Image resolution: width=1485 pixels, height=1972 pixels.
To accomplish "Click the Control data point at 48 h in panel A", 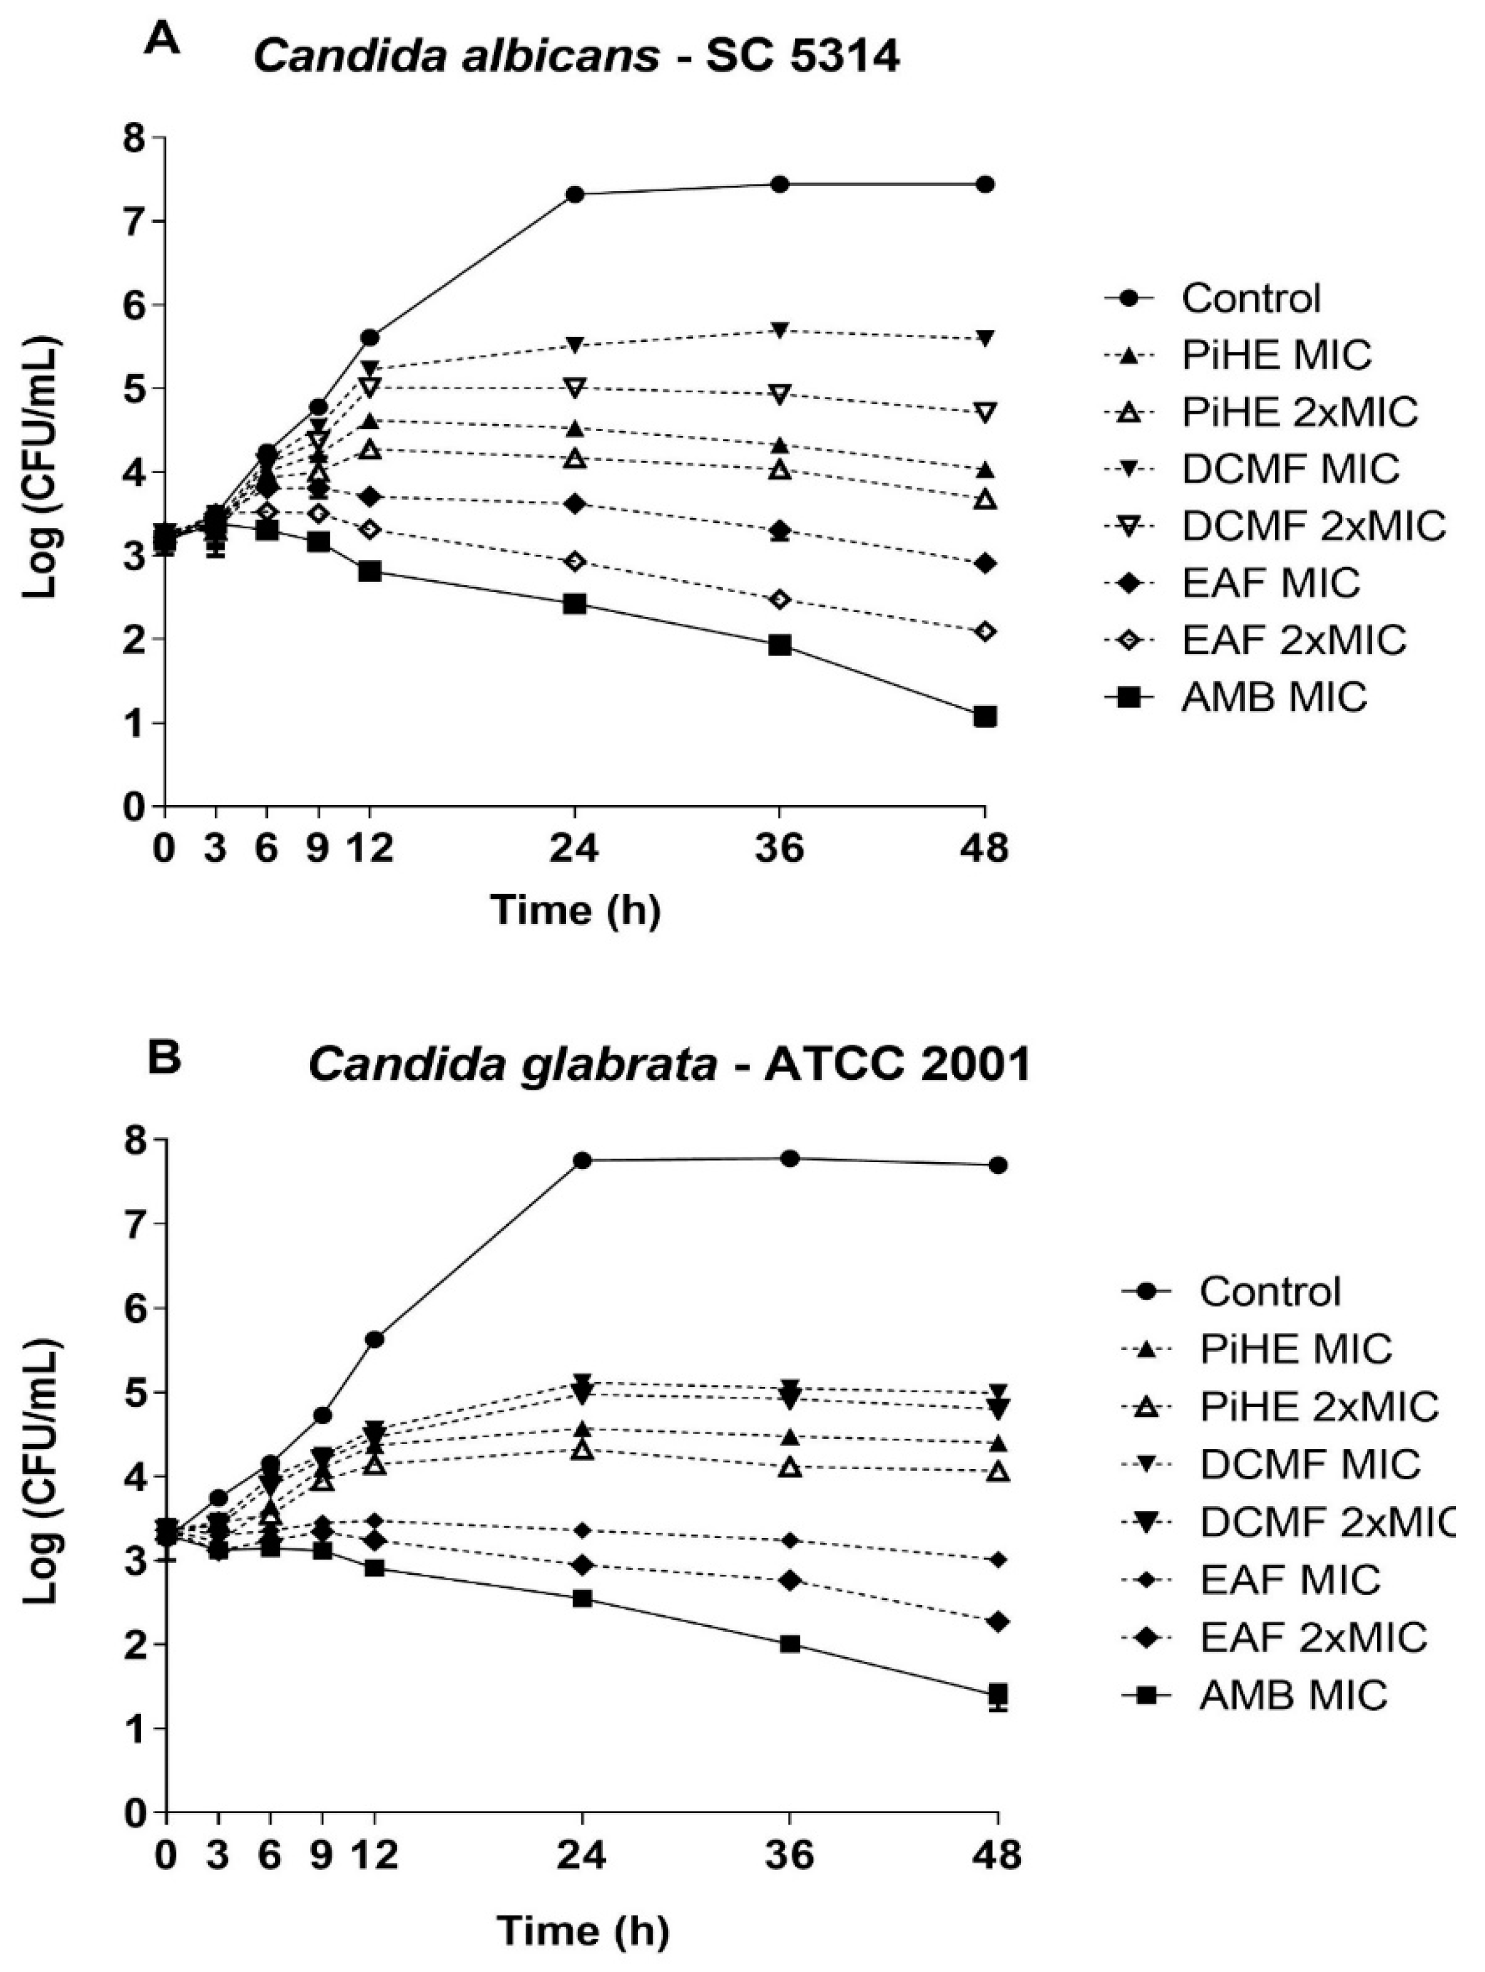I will tap(984, 185).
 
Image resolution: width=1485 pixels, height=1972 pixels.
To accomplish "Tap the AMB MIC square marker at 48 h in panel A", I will tap(984, 716).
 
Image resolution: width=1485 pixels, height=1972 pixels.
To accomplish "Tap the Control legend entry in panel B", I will tap(1270, 1292).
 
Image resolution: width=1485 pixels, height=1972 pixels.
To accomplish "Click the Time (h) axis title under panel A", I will tap(576, 910).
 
